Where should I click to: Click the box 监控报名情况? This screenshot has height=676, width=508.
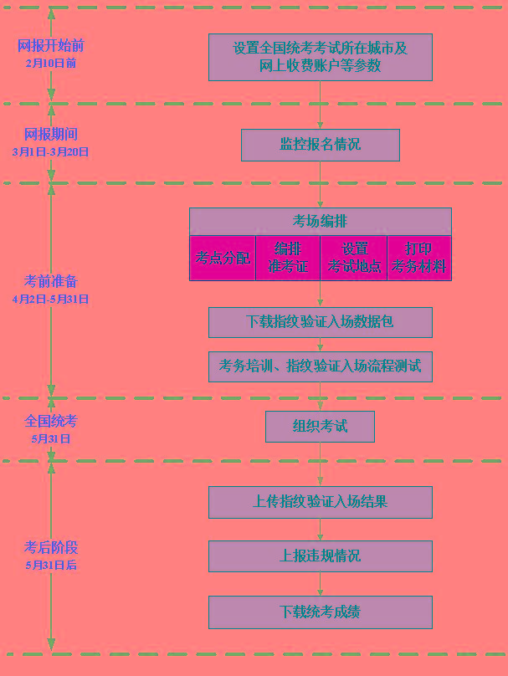click(321, 145)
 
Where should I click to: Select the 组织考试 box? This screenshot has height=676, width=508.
click(320, 427)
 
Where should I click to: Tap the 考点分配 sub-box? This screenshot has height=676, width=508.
click(223, 258)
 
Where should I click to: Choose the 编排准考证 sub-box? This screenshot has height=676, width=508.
click(288, 258)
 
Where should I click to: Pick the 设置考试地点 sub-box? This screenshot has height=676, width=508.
click(354, 258)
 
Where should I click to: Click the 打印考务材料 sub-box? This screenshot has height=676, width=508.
click(419, 258)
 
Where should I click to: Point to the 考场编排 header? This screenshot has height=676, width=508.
click(321, 222)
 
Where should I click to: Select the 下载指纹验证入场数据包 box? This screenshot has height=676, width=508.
click(321, 322)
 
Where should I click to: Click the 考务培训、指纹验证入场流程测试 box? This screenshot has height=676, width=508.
click(321, 366)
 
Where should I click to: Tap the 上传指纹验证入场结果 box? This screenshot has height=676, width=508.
click(321, 502)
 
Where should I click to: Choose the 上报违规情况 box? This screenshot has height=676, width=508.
click(321, 556)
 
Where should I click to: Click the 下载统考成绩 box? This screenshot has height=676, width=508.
click(321, 612)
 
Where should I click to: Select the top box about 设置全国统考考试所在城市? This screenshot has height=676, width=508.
click(321, 58)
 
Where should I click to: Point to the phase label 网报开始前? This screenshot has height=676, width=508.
click(51, 46)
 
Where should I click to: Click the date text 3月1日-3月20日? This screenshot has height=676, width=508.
click(51, 151)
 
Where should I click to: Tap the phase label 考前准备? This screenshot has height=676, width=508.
click(51, 281)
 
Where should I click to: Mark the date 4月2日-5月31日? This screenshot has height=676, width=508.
click(51, 299)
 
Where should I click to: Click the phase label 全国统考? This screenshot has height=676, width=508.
click(51, 421)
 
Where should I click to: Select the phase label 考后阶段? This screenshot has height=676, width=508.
click(51, 547)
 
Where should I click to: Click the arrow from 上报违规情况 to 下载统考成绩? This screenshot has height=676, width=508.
click(320, 584)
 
